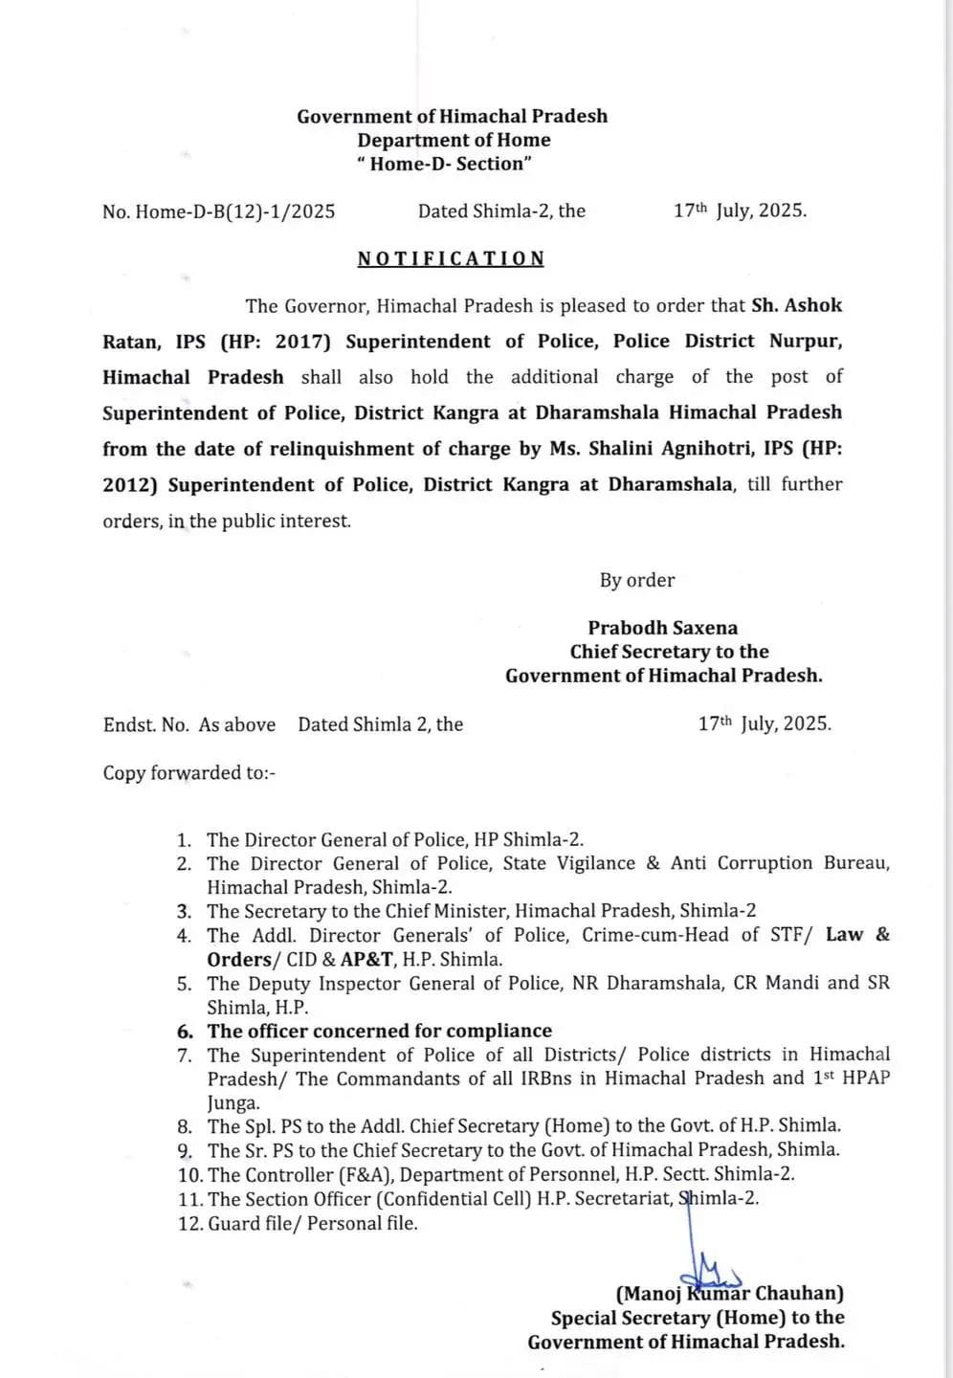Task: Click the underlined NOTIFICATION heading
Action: click(451, 258)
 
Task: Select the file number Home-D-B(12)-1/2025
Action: click(235, 211)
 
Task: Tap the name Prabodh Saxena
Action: click(662, 628)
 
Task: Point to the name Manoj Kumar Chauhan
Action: click(730, 1294)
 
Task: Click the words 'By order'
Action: click(637, 580)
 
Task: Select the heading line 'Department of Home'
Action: click(454, 140)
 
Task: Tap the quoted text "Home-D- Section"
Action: click(445, 164)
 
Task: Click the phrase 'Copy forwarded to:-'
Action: click(189, 772)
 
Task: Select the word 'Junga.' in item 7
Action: click(233, 1101)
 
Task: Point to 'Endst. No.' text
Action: click(146, 724)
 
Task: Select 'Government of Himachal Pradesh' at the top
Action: click(452, 116)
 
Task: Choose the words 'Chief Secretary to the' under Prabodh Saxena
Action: click(669, 652)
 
